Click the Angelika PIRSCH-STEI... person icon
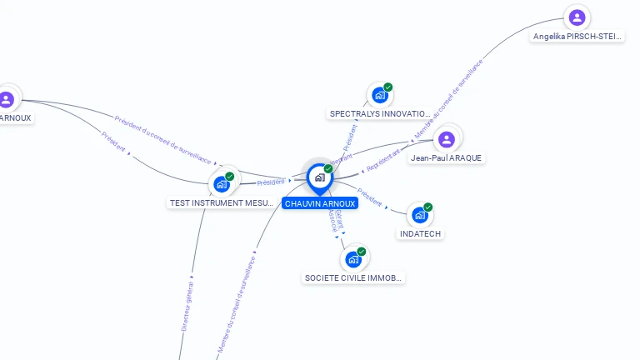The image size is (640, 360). (576, 17)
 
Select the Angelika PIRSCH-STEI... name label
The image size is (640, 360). (577, 37)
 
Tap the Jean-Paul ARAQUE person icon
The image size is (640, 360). (447, 139)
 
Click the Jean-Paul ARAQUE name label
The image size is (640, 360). (446, 158)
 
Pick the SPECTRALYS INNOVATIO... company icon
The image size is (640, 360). (379, 95)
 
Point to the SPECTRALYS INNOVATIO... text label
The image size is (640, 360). (380, 113)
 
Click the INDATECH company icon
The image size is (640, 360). (420, 215)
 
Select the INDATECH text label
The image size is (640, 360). (420, 234)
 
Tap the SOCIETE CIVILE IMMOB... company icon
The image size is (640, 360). (353, 259)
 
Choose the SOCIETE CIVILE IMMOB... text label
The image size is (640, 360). (353, 278)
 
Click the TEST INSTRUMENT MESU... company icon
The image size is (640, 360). (222, 184)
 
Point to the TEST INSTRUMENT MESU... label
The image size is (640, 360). (222, 203)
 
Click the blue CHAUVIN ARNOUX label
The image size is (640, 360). (320, 203)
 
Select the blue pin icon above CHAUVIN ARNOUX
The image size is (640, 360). (319, 177)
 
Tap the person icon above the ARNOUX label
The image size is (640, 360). (7, 99)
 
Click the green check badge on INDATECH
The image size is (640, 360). (428, 207)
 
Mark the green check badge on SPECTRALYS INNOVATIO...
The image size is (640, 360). (388, 87)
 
